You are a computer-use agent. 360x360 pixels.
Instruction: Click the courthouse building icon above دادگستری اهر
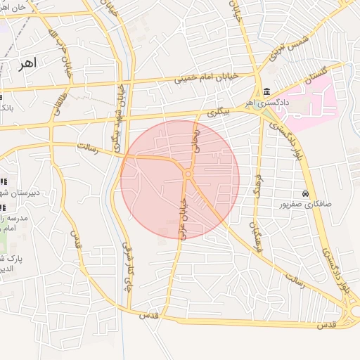click(266, 92)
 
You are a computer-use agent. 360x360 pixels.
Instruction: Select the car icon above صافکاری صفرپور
click(304, 193)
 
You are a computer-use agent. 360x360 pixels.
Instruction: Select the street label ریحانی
click(197, 139)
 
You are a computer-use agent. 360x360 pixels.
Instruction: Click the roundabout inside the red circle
click(188, 173)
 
